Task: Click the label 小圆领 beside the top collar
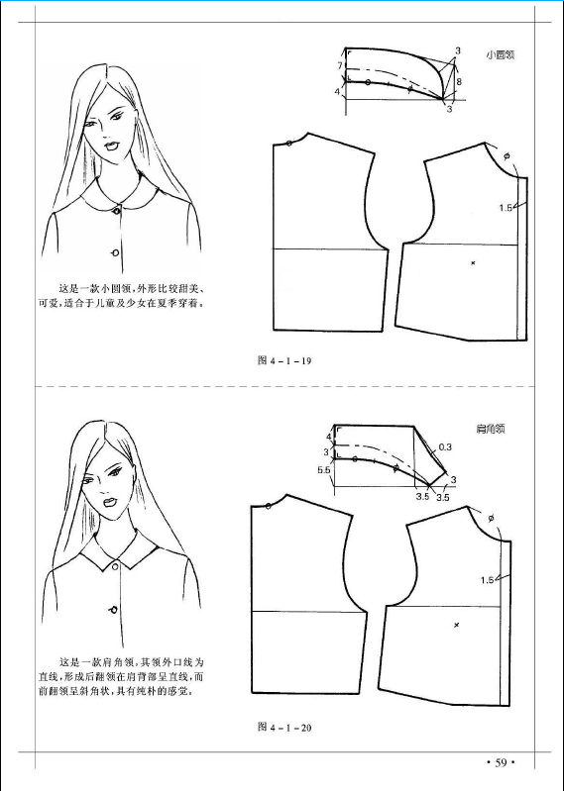coord(501,55)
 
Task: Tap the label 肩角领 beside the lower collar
coord(491,430)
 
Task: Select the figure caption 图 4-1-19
coord(284,360)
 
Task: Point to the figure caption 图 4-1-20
coord(284,727)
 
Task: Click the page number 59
coord(501,762)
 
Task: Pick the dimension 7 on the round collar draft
coord(340,65)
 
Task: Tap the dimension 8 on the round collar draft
coord(459,81)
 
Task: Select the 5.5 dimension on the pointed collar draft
coord(324,469)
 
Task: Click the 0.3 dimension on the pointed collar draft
coord(445,446)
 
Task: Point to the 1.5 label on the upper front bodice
coord(506,207)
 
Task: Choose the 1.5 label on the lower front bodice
coord(487,580)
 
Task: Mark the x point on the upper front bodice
coord(473,262)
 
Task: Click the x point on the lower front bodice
coord(456,626)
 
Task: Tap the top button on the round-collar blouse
coord(117,210)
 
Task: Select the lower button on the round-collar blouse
coord(115,252)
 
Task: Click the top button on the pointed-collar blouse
coord(116,567)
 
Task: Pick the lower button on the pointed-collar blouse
coord(113,611)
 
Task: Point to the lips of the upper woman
coord(110,147)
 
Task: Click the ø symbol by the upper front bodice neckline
coord(507,156)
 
